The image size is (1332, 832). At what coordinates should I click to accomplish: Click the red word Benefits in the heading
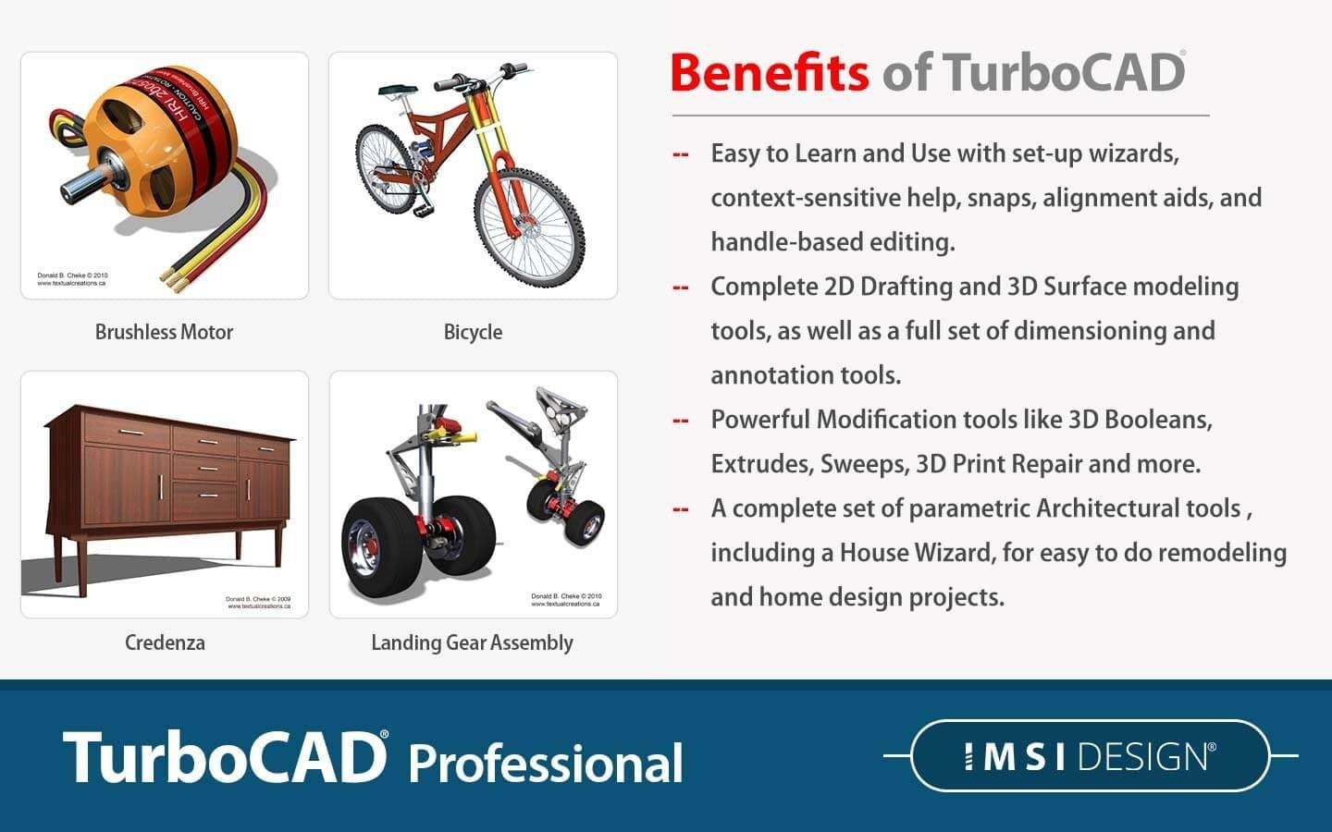[770, 73]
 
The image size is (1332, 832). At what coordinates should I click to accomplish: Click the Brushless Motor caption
[164, 332]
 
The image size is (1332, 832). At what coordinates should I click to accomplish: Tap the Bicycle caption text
[473, 332]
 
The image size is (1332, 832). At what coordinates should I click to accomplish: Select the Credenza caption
[165, 642]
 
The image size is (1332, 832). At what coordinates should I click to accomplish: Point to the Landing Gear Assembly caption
[472, 642]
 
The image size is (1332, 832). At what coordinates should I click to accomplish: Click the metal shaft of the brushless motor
[78, 186]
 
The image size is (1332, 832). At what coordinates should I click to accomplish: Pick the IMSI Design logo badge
[1090, 756]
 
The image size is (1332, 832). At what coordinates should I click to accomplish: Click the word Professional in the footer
[546, 764]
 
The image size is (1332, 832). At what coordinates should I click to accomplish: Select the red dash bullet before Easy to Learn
[681, 154]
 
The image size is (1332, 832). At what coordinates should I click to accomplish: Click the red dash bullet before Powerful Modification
[681, 421]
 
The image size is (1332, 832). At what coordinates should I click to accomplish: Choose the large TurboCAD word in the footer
[225, 758]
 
